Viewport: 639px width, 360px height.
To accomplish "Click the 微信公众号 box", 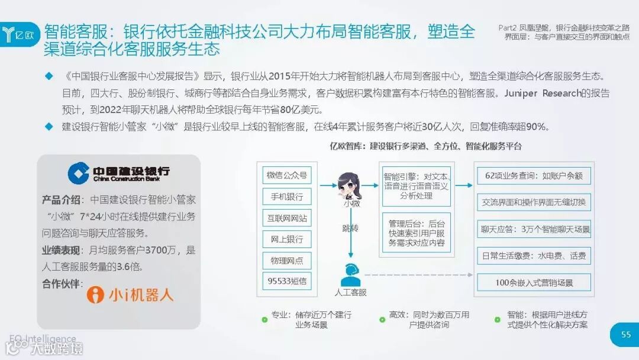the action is click(287, 175).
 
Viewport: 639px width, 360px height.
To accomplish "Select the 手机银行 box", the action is click(287, 197).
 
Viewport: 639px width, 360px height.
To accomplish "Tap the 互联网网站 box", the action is click(287, 218).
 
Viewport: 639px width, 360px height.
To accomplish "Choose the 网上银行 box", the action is click(287, 239).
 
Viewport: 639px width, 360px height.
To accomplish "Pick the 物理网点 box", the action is click(287, 261).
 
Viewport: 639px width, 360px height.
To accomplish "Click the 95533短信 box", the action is click(287, 282).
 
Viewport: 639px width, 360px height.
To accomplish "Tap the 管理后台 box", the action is click(416, 233).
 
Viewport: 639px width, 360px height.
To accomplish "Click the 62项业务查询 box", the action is click(534, 176).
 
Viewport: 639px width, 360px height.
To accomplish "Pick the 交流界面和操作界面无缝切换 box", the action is click(534, 202).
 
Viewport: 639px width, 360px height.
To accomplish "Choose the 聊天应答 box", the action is click(534, 229).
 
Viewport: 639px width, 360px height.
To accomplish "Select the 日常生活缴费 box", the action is click(534, 256).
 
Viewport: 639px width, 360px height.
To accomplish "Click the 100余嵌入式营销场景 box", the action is click(534, 282).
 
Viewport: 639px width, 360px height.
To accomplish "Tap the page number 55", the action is click(625, 335).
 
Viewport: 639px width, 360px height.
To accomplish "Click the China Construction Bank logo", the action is click(118, 172).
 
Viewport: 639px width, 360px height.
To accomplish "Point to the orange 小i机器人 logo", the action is click(130, 295).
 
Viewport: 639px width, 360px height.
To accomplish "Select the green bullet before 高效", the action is click(382, 320).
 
